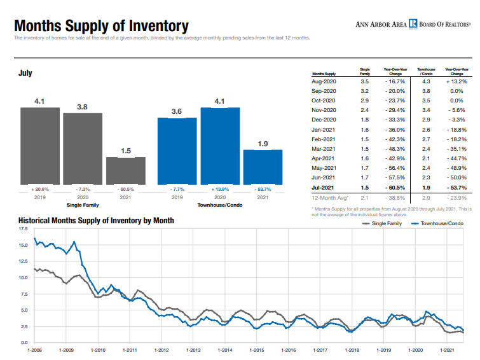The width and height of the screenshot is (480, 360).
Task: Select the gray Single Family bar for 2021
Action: coord(125,170)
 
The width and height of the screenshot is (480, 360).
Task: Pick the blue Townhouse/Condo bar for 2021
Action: coord(263,167)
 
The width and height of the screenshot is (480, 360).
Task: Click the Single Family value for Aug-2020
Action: coord(365,82)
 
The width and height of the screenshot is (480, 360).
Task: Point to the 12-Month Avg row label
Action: coord(326,198)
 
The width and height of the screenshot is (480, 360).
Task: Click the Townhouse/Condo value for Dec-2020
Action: coord(426,120)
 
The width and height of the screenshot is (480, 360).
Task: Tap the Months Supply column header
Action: coord(324,74)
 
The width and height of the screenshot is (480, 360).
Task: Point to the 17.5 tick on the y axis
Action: coord(23,229)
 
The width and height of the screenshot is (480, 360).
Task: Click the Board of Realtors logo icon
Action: coord(413,24)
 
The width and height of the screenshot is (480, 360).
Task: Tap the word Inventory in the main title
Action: coord(159,26)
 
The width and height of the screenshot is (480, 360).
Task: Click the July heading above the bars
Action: coord(25,74)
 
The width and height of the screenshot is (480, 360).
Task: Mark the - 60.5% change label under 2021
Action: coord(125,189)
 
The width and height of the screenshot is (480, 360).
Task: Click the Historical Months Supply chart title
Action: coord(96,221)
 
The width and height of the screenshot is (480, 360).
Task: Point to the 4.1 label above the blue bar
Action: coord(220,101)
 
